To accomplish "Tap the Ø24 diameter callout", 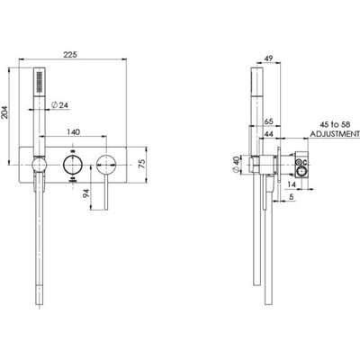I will [61, 104].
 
